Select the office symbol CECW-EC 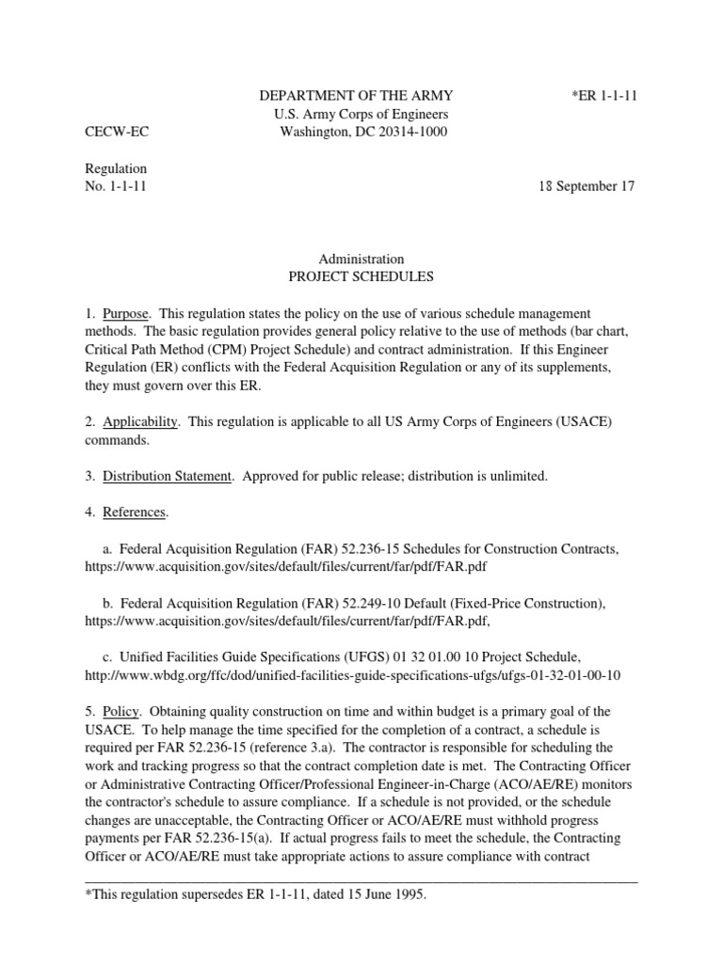coord(117,132)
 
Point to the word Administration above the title coord(362,259)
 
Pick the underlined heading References coord(135,513)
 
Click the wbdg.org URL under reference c coord(353,675)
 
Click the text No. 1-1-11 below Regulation coord(115,186)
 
